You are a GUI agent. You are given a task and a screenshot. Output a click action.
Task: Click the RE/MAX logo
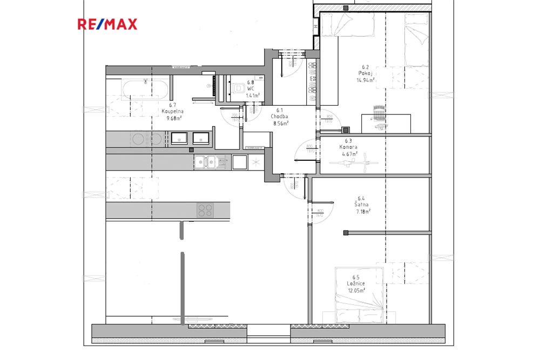click(x=107, y=24)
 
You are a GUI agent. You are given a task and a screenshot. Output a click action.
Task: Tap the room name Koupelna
click(x=172, y=112)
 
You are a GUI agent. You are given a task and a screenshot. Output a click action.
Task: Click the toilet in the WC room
click(x=238, y=89)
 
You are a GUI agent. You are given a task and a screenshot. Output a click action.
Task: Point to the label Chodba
click(x=279, y=117)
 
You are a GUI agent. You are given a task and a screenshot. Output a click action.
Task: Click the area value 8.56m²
click(x=281, y=123)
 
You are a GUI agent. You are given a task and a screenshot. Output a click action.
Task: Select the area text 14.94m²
click(x=366, y=79)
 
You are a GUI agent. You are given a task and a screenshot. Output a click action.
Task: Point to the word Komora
click(x=348, y=147)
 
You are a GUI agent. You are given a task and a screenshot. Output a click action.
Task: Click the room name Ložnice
click(x=356, y=283)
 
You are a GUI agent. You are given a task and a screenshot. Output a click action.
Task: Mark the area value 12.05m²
click(x=356, y=290)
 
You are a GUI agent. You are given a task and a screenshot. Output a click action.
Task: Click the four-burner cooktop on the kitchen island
click(x=205, y=209)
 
